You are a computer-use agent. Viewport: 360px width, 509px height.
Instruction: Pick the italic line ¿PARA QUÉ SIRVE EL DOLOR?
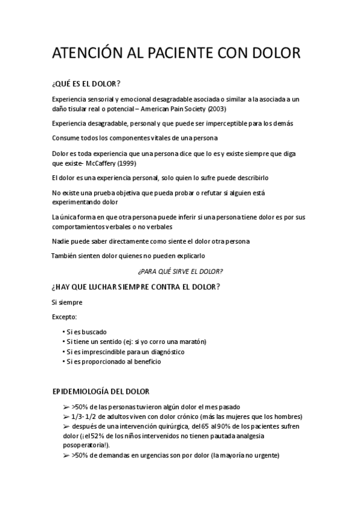click(x=180, y=271)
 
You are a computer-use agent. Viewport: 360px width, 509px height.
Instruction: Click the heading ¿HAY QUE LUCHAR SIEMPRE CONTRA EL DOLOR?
click(x=136, y=286)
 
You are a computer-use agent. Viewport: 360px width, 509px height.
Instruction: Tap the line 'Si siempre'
click(x=67, y=302)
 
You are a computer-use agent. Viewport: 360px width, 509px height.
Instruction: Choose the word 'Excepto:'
click(x=65, y=316)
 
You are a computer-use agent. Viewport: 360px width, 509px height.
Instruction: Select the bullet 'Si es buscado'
click(x=86, y=331)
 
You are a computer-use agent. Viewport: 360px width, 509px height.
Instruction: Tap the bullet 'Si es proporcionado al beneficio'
click(x=113, y=362)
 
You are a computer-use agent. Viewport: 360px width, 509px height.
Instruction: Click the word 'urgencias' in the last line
click(x=157, y=456)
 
